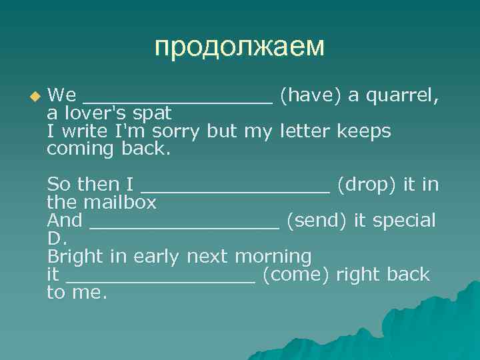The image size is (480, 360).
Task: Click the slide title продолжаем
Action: [239, 47]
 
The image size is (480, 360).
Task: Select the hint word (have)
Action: [310, 95]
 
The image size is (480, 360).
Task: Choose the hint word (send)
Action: [316, 221]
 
